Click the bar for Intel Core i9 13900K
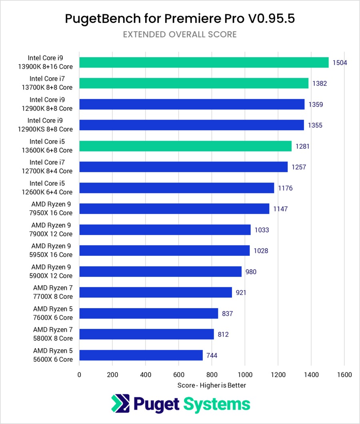pos(204,62)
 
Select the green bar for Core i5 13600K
pos(185,146)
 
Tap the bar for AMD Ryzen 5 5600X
pos(141,355)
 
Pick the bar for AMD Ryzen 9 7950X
pos(174,209)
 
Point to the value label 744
pos(212,355)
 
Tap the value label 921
pos(241,293)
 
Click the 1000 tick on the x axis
pos(245,375)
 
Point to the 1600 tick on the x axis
pos(344,375)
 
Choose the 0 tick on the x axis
pos(79,375)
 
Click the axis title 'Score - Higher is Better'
pos(212,385)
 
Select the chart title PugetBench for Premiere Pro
pos(180,19)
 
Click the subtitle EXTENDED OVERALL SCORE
pos(180,34)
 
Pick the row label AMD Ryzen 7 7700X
pos(53,292)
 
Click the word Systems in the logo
pos(217,404)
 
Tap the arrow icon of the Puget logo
pos(120,404)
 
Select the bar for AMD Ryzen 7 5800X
pos(146,334)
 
